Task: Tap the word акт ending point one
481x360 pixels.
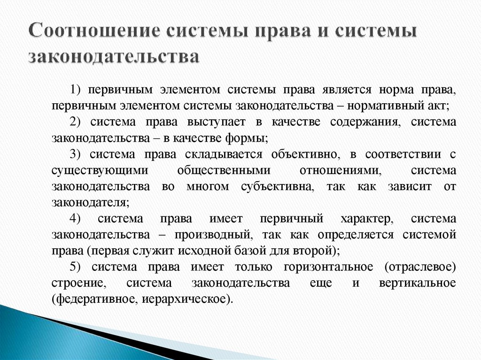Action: tap(439, 106)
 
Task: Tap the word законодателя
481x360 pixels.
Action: tap(89, 202)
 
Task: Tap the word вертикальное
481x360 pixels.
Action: tap(416, 283)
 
